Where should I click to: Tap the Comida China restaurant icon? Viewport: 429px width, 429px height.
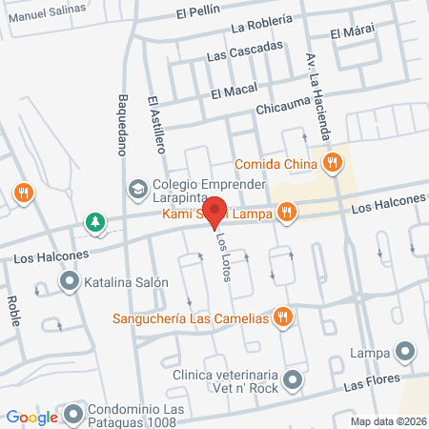[332, 163]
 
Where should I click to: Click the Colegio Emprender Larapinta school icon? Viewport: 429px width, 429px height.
[138, 188]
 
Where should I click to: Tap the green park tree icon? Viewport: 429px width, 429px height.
[94, 223]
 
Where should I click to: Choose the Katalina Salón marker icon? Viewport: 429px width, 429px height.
[69, 282]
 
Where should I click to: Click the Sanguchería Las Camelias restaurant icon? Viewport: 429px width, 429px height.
[281, 317]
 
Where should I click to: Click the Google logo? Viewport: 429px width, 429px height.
[31, 417]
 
